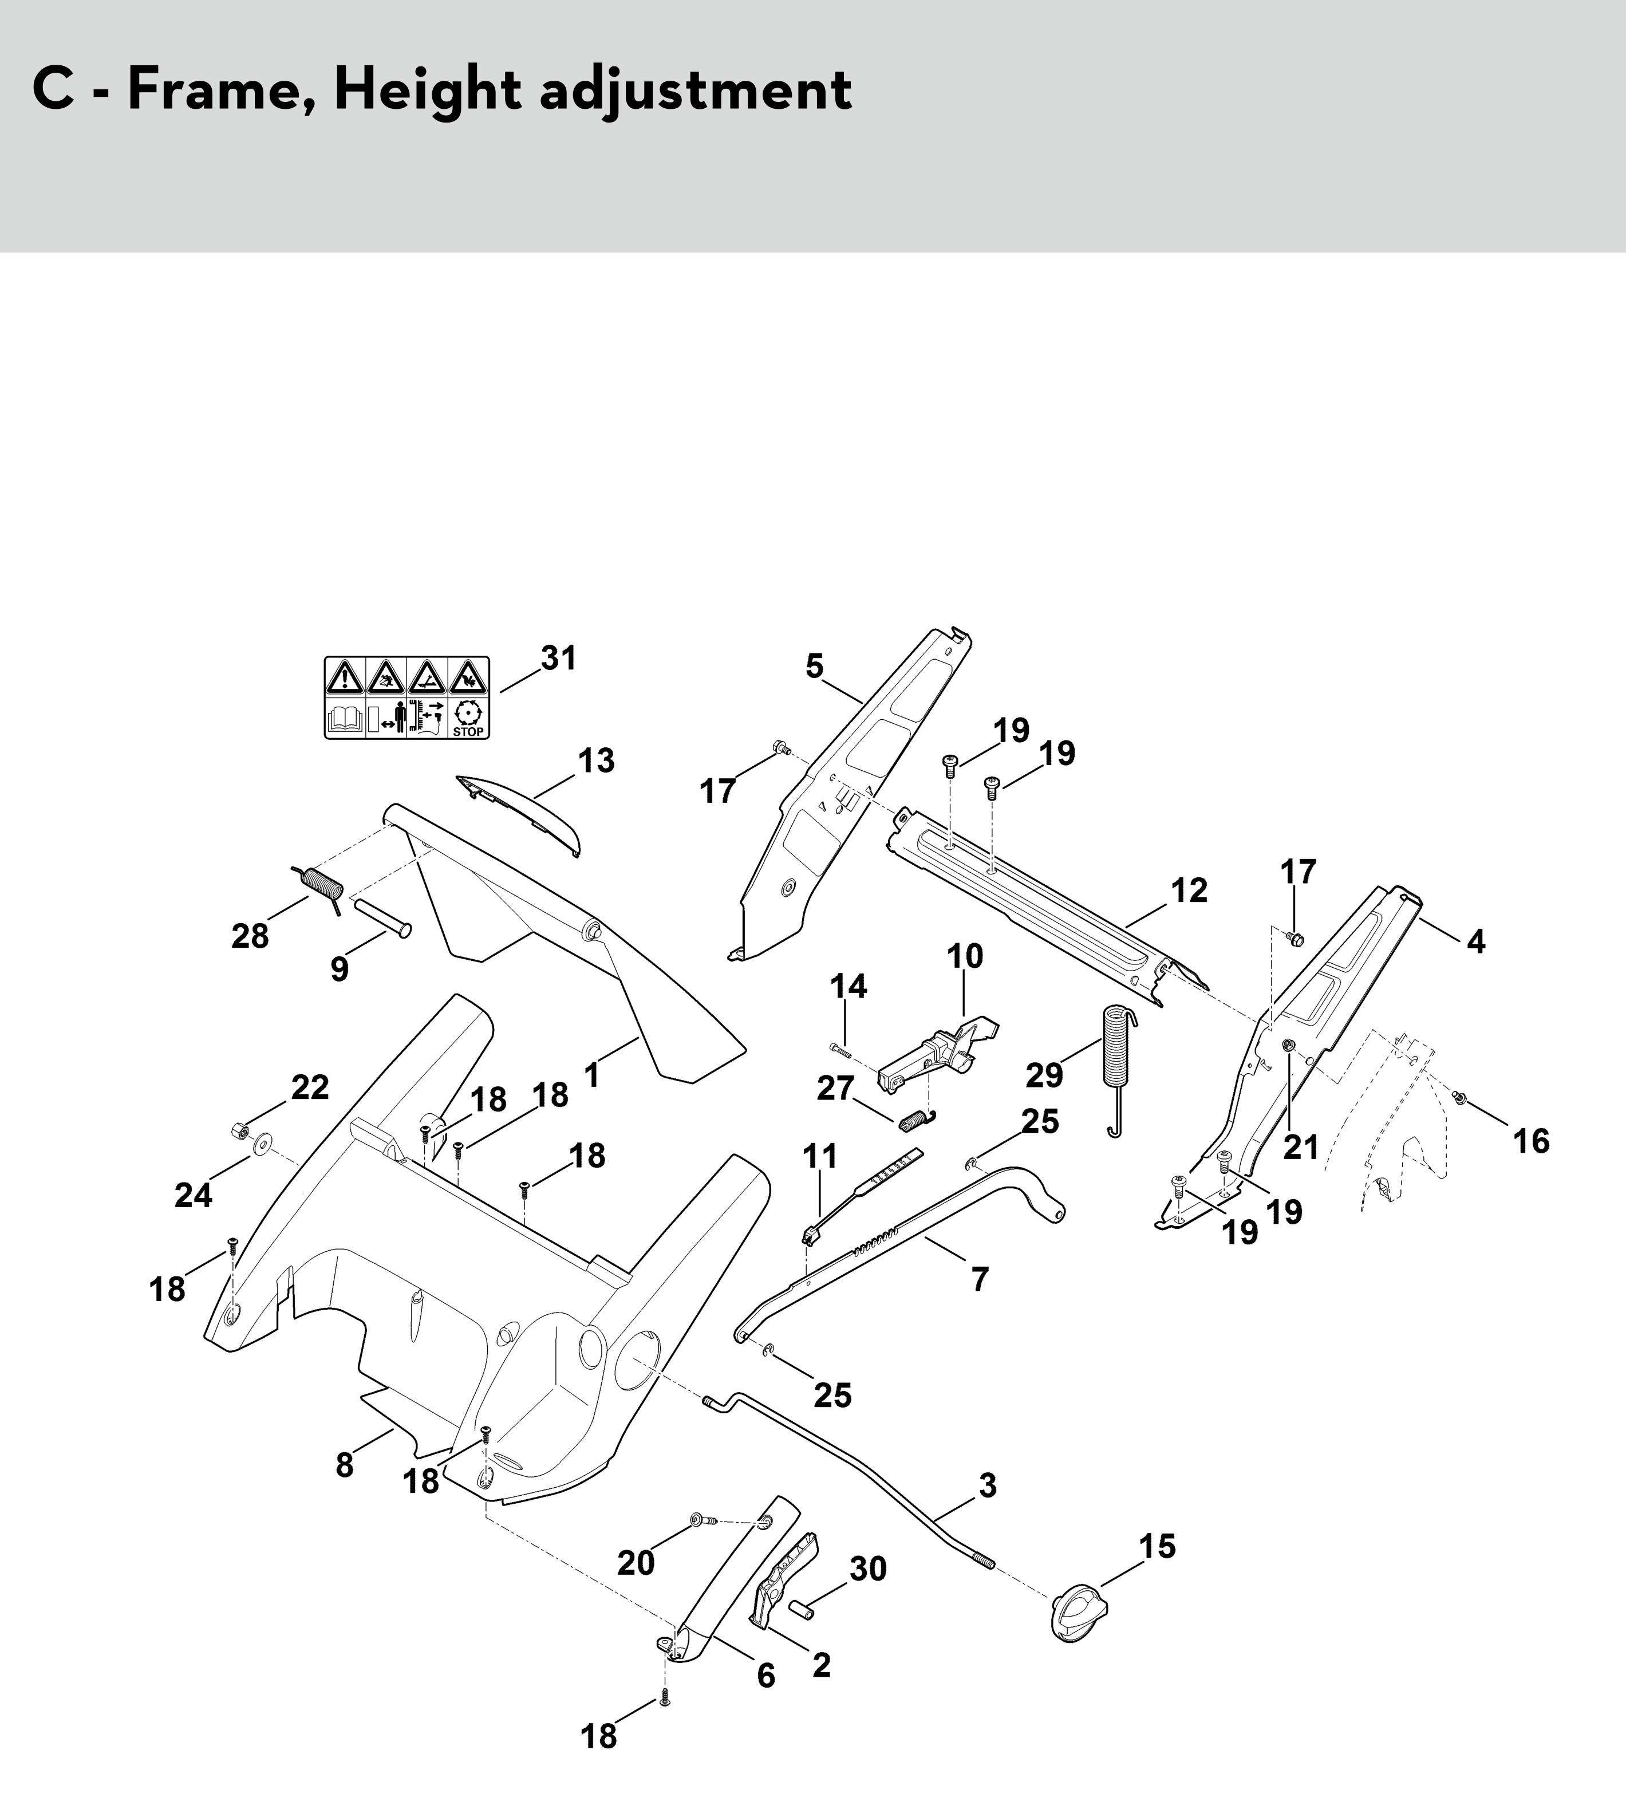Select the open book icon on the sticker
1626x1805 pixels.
345,719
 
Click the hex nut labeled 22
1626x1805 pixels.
239,1131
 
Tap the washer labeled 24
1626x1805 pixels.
263,1145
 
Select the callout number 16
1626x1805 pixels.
1530,1141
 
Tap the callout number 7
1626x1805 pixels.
980,1279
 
